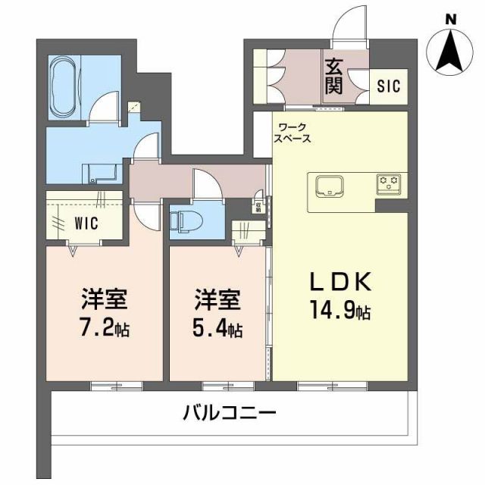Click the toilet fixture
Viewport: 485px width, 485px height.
[x=186, y=220]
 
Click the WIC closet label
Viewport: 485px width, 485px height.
[x=86, y=224]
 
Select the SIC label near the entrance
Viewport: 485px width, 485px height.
[x=392, y=83]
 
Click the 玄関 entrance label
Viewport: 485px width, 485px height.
[x=333, y=76]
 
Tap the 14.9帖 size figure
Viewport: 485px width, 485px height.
[x=340, y=311]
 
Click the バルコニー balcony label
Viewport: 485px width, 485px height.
[x=230, y=414]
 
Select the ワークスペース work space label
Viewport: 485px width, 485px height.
[x=294, y=133]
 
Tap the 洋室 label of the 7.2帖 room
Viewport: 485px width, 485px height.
[x=104, y=300]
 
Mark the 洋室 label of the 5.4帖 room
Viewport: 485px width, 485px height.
[x=218, y=300]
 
